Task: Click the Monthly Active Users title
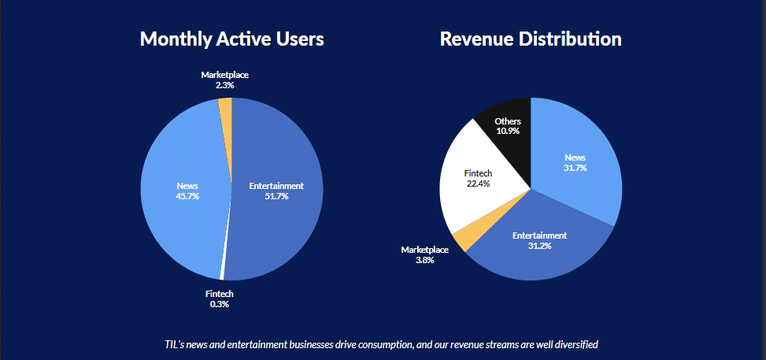tap(231, 39)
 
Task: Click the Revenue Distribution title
tap(531, 39)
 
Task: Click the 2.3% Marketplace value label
tap(224, 84)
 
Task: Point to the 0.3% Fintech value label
tap(220, 304)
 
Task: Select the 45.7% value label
tap(187, 196)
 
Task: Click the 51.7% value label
tap(276, 196)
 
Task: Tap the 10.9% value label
tap(508, 130)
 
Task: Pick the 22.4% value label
tap(477, 184)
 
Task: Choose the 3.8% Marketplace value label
tap(424, 259)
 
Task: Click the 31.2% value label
tap(539, 246)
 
